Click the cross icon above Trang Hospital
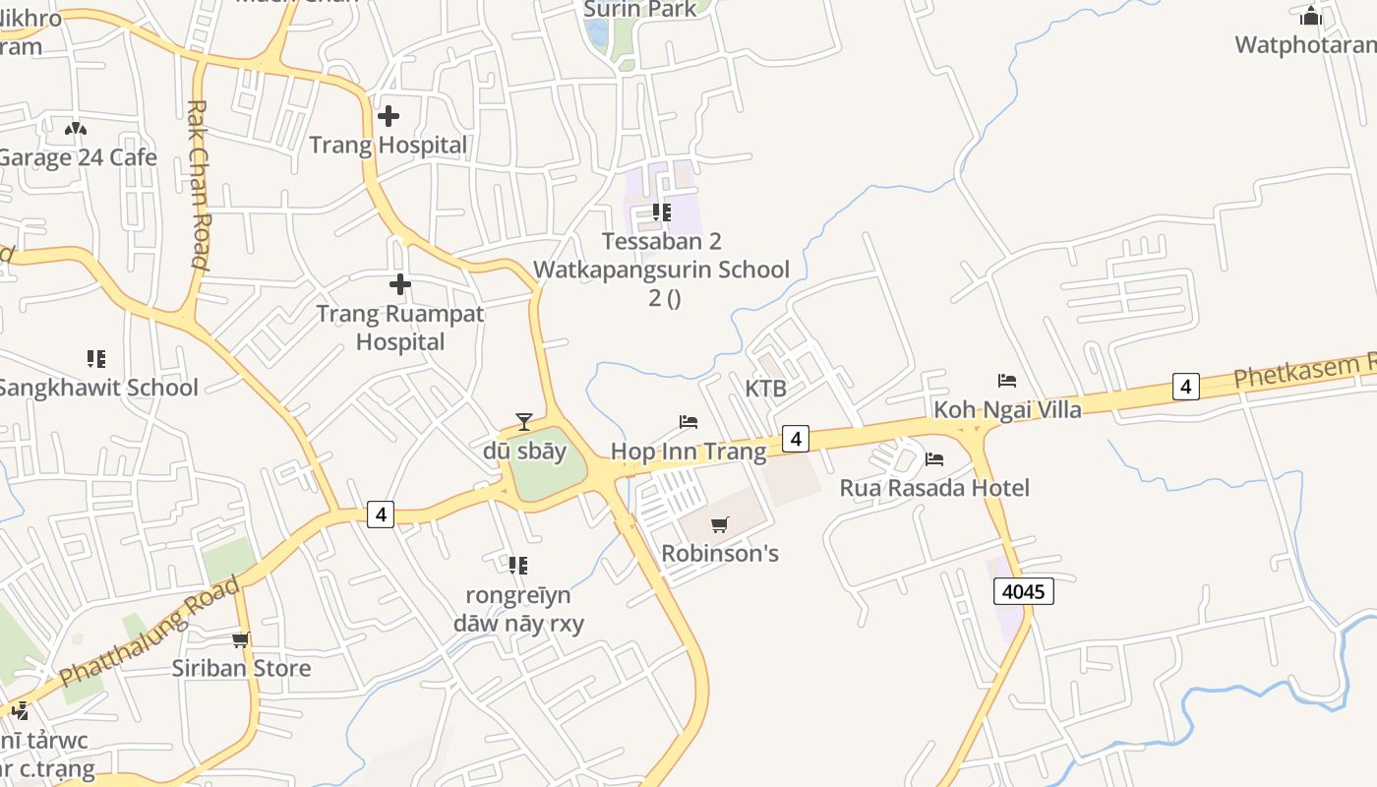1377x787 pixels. click(x=389, y=116)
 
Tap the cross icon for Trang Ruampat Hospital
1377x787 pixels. click(x=400, y=285)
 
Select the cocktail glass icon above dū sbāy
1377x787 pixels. click(x=523, y=422)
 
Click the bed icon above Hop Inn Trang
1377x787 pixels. click(x=688, y=422)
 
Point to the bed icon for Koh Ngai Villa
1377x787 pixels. click(x=1006, y=380)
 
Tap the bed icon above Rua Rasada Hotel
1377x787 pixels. click(x=934, y=458)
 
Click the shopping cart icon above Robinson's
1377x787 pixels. click(x=720, y=524)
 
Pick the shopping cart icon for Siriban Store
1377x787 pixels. click(x=241, y=640)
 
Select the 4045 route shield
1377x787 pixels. click(x=1024, y=591)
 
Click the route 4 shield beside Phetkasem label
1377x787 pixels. click(x=1186, y=387)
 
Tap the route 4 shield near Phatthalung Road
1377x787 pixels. click(x=382, y=514)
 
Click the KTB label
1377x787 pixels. click(x=765, y=389)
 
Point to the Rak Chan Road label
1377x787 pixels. click(x=198, y=184)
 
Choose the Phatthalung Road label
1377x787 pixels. click(x=150, y=633)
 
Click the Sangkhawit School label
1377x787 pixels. click(x=97, y=388)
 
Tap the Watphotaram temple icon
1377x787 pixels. click(x=1310, y=16)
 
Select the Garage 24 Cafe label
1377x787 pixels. click(x=78, y=157)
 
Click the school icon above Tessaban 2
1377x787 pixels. click(x=662, y=212)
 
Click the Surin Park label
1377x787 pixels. click(x=640, y=10)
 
